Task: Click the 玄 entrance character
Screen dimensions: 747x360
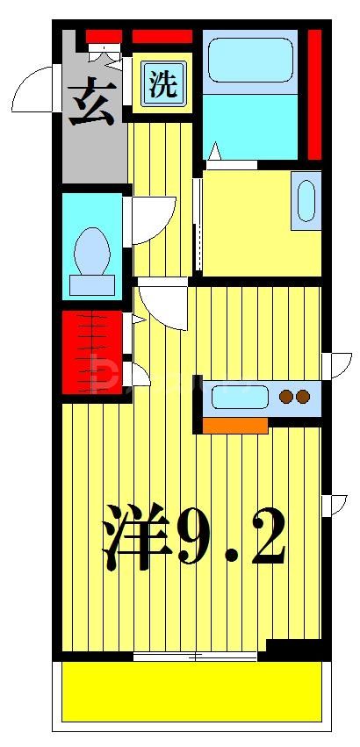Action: point(91,104)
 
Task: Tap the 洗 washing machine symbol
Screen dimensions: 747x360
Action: point(162,84)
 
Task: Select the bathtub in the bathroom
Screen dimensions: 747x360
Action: point(250,59)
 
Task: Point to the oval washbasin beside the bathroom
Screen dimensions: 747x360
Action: point(306,201)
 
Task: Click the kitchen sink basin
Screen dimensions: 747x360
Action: point(240,398)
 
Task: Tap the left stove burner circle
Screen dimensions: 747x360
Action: point(286,397)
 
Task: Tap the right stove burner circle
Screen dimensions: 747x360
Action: point(303,397)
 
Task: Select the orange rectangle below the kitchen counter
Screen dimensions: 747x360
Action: point(234,426)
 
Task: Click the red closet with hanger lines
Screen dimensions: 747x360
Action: point(92,351)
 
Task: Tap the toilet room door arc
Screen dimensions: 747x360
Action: point(154,219)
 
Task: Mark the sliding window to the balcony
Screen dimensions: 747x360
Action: point(195,656)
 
